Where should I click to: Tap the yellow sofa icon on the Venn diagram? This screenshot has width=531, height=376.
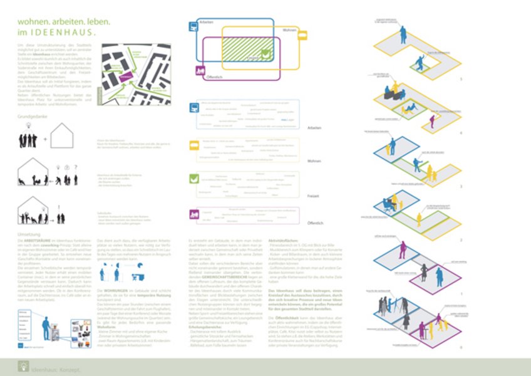(x=302, y=36)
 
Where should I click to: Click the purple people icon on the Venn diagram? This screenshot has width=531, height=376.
(x=201, y=70)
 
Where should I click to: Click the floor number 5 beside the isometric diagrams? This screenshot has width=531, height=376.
(x=461, y=79)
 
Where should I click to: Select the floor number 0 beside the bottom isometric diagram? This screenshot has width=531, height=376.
(x=461, y=346)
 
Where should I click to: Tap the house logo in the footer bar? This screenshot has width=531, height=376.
(x=23, y=363)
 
